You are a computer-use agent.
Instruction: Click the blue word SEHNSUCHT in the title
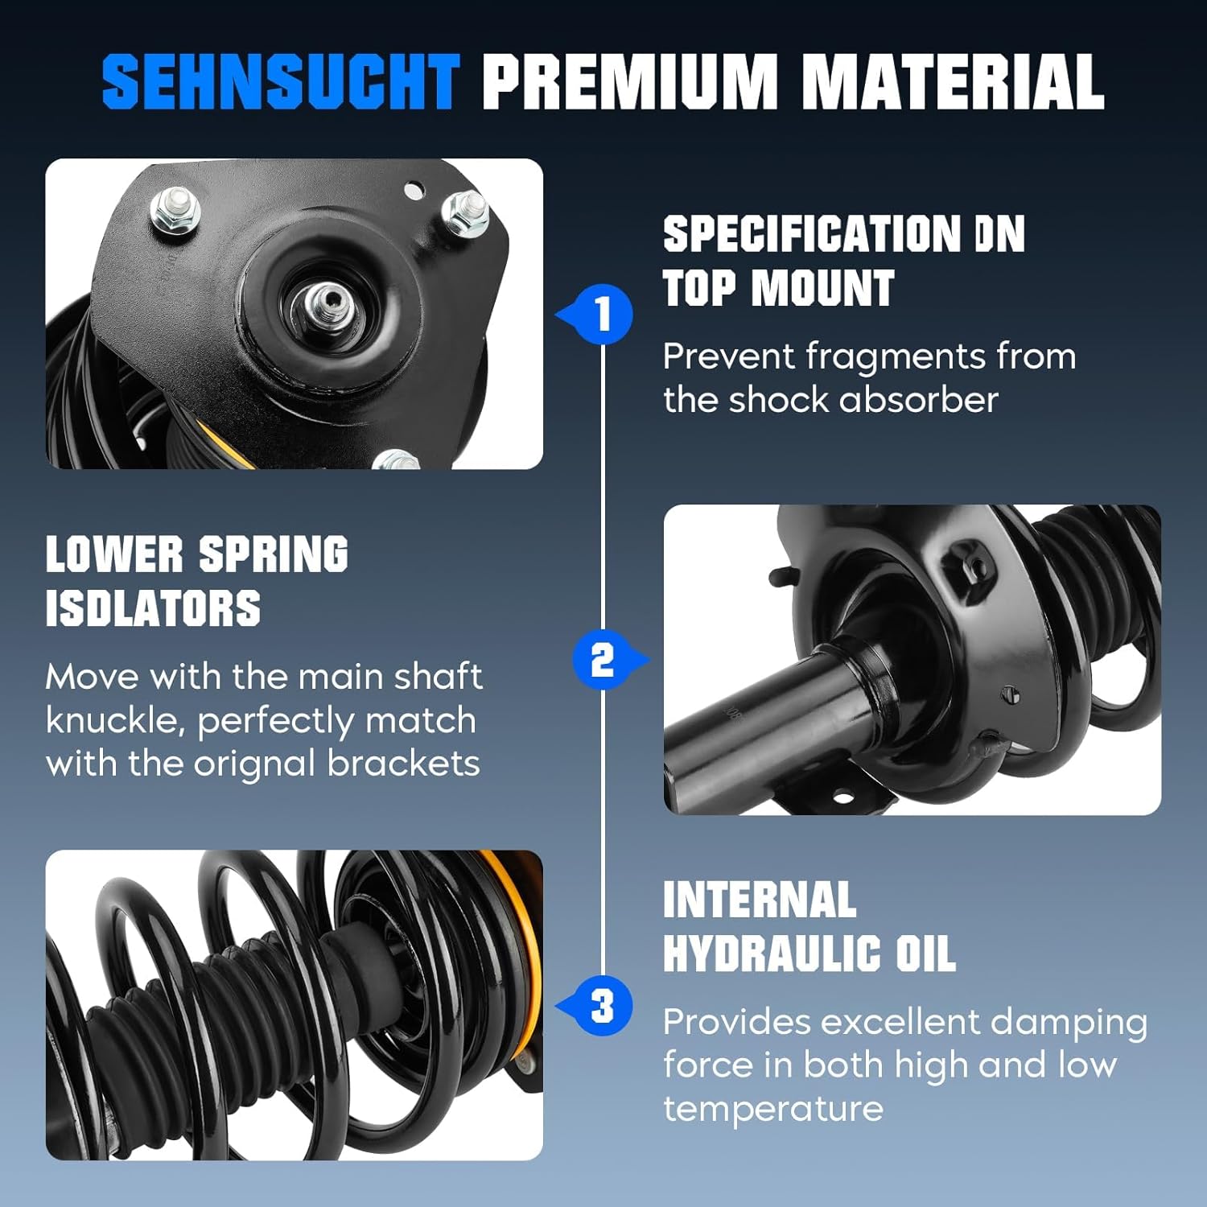click(x=280, y=81)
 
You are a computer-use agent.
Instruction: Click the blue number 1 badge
click(x=603, y=314)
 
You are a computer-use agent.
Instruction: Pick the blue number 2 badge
click(x=602, y=660)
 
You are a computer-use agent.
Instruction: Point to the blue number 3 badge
click(x=602, y=1006)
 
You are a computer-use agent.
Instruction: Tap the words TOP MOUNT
click(x=778, y=288)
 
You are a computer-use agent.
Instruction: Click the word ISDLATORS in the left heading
click(x=153, y=608)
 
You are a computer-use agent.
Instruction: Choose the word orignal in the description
click(x=254, y=764)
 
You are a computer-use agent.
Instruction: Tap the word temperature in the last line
click(x=772, y=1109)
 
